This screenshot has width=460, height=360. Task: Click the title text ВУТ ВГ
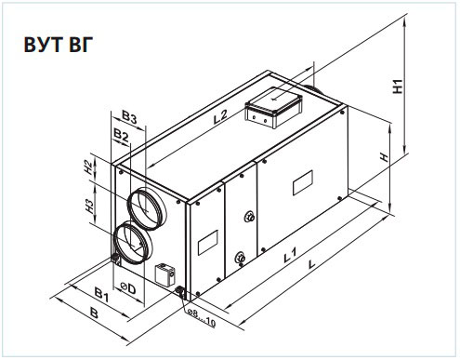(59, 45)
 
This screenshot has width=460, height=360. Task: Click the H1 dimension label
(398, 87)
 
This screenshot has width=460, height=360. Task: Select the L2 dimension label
(220, 117)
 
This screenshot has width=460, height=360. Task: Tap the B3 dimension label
(129, 117)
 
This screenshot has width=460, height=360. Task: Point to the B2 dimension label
(121, 135)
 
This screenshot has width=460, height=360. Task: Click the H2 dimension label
(88, 167)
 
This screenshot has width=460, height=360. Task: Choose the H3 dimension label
(89, 206)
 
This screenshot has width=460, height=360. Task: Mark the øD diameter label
(128, 288)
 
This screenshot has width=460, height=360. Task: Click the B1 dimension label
(102, 294)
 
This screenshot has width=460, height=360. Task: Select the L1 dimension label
(290, 255)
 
